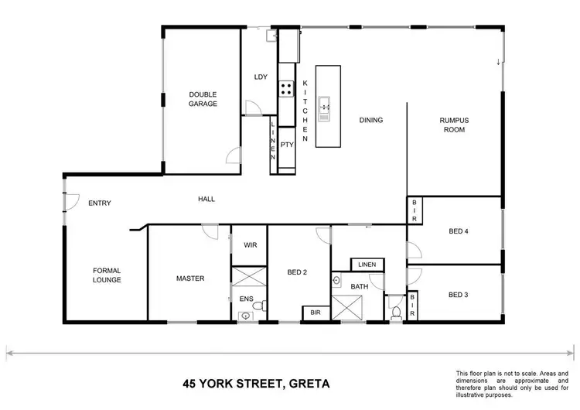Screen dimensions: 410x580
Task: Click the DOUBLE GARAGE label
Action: coord(203,99)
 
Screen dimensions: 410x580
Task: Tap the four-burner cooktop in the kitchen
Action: coord(286,89)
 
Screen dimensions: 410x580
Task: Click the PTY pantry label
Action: coord(286,144)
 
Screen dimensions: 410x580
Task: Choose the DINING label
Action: coord(371,120)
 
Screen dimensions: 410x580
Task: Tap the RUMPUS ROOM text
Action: coord(455,125)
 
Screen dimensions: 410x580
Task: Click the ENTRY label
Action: coord(100,203)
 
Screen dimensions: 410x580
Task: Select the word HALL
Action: coord(206,199)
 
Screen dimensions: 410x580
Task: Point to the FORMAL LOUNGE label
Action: coord(107,275)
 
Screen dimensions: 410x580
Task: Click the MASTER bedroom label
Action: coord(189,278)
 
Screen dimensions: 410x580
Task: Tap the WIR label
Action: coord(250,245)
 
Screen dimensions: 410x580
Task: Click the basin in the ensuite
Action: coord(246,315)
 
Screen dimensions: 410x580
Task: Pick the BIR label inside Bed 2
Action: coord(316,313)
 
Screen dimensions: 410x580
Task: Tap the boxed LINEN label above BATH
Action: coord(367,265)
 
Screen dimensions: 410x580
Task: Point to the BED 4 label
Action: coord(459,231)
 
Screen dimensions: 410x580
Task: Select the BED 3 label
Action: coord(459,294)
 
